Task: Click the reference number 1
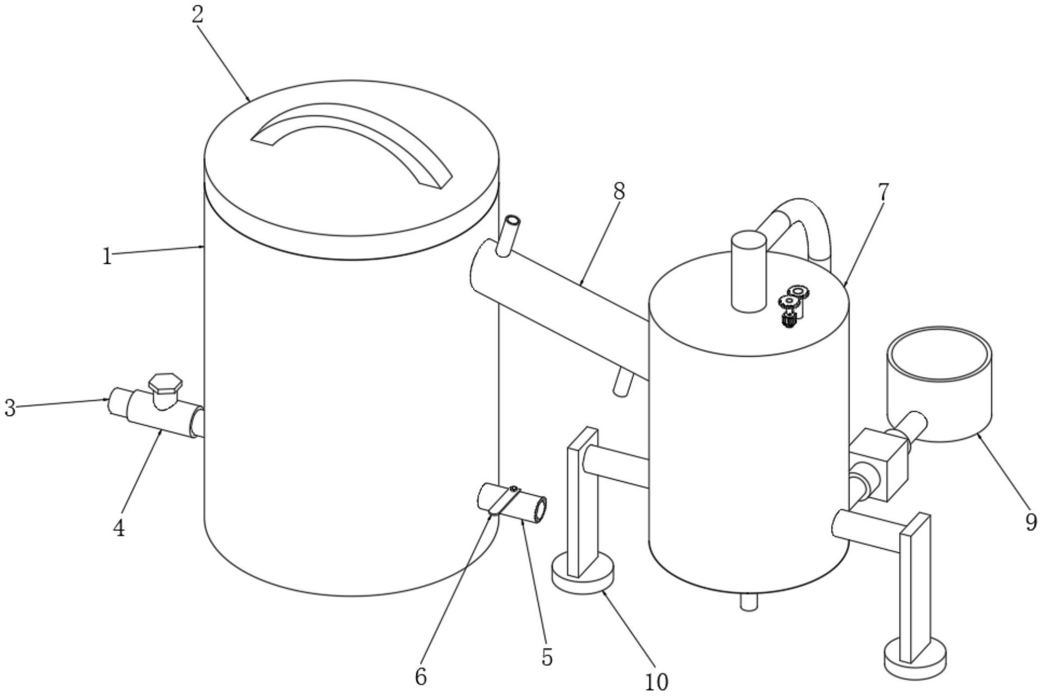(x=107, y=256)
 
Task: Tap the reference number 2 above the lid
(x=197, y=15)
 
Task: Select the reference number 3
(x=9, y=408)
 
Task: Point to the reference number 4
(x=119, y=527)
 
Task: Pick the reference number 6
(x=421, y=676)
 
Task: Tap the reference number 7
(x=882, y=192)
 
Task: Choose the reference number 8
(x=618, y=191)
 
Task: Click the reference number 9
(x=1030, y=523)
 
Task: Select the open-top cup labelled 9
(x=939, y=381)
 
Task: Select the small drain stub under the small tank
(x=748, y=602)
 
